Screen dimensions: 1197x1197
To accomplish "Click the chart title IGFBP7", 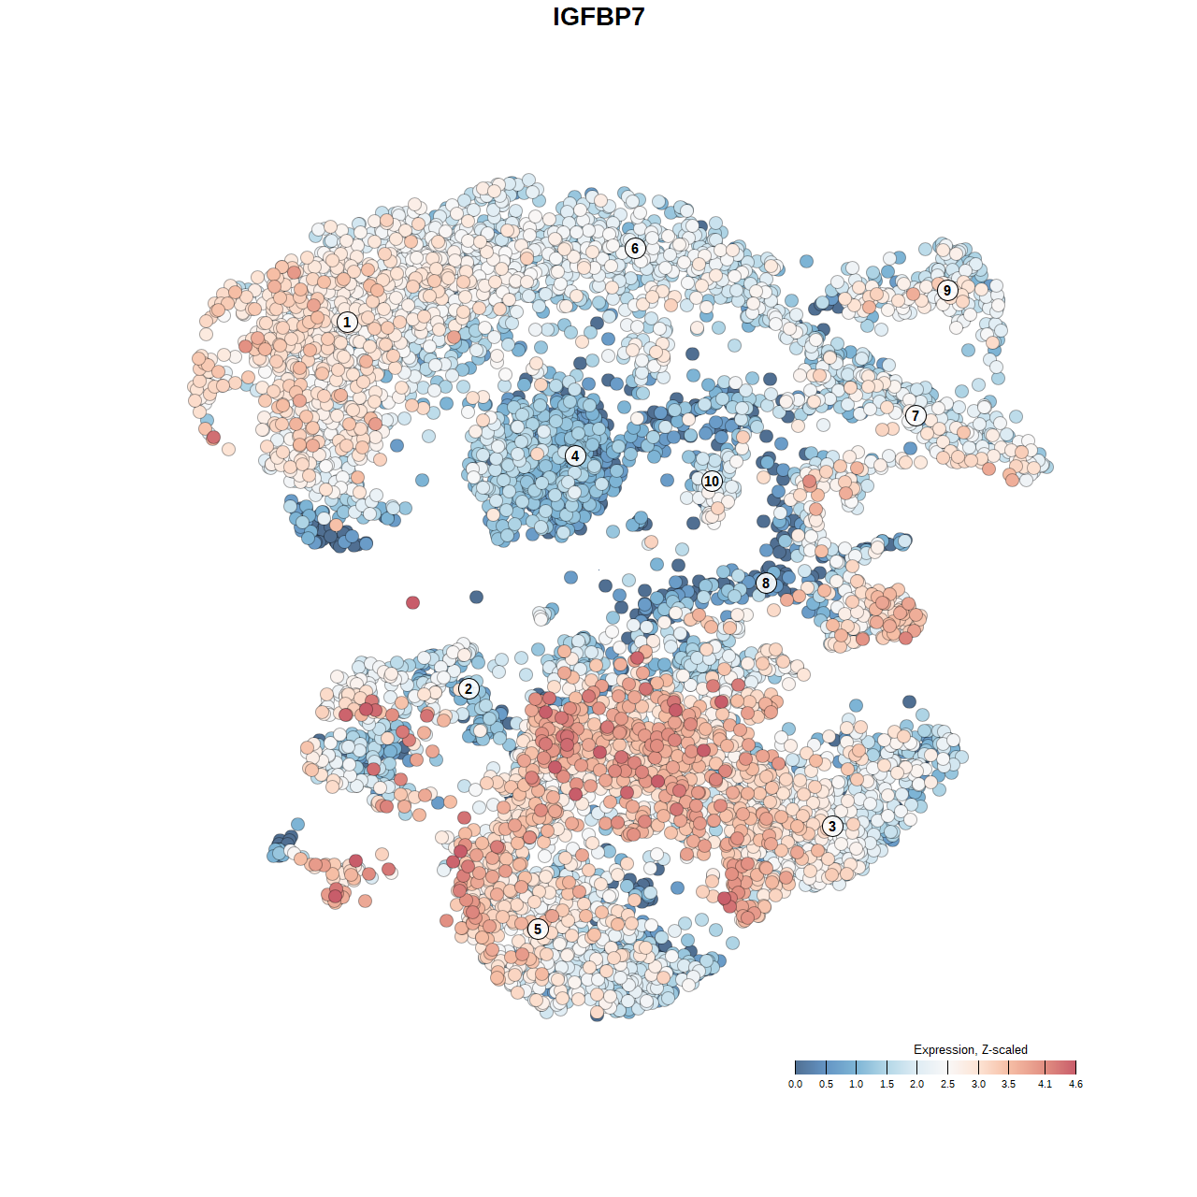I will click(598, 17).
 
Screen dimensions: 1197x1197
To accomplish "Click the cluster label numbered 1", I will click(347, 322).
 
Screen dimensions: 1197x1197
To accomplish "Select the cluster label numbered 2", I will click(469, 689).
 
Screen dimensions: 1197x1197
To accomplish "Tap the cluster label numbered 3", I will click(831, 826).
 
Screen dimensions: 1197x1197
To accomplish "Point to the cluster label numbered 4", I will click(575, 455).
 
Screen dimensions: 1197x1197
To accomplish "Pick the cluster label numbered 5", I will click(537, 929).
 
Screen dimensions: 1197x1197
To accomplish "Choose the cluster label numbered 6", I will click(635, 248).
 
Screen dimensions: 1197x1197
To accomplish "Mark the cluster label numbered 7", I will click(916, 415).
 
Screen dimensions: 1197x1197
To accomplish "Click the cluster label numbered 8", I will click(766, 584).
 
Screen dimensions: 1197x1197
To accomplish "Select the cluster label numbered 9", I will click(947, 290).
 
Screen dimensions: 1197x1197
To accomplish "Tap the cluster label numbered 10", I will click(712, 481).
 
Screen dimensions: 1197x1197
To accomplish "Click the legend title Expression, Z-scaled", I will click(970, 1049).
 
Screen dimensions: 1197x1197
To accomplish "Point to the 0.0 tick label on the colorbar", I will click(795, 1084).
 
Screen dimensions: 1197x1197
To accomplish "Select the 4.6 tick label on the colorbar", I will click(1075, 1084).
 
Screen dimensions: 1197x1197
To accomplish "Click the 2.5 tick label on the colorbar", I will click(947, 1084).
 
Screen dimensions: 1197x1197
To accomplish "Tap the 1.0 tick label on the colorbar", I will click(856, 1084).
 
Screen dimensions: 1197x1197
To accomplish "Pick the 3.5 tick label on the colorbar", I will click(1008, 1084).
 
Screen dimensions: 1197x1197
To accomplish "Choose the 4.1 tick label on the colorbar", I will click(1045, 1084).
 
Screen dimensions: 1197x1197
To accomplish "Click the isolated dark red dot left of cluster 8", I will click(413, 602).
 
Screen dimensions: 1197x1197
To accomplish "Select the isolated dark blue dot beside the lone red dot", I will click(476, 597).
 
